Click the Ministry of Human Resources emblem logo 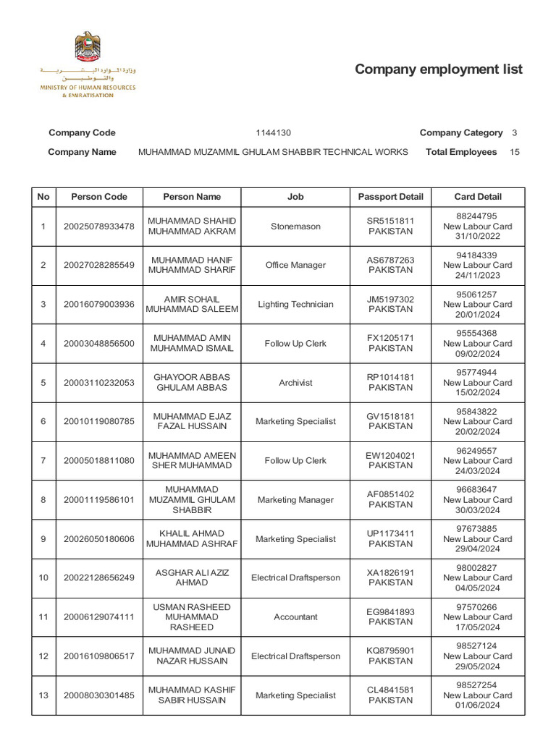point(88,47)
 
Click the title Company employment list point(438,69)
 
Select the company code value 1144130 point(273,133)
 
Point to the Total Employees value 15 point(515,152)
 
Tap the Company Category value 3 point(514,133)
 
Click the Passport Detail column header point(390,197)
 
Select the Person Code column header point(99,197)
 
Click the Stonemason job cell point(295,226)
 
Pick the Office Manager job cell point(295,266)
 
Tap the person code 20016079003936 point(99,305)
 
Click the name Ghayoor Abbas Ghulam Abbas point(192,383)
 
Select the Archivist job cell point(295,383)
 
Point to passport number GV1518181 point(390,417)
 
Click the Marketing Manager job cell point(295,500)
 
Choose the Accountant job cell point(295,617)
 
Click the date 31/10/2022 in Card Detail point(478,237)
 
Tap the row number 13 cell point(43,695)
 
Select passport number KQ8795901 point(390,651)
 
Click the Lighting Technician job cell point(295,305)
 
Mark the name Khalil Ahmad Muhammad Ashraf point(192,539)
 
